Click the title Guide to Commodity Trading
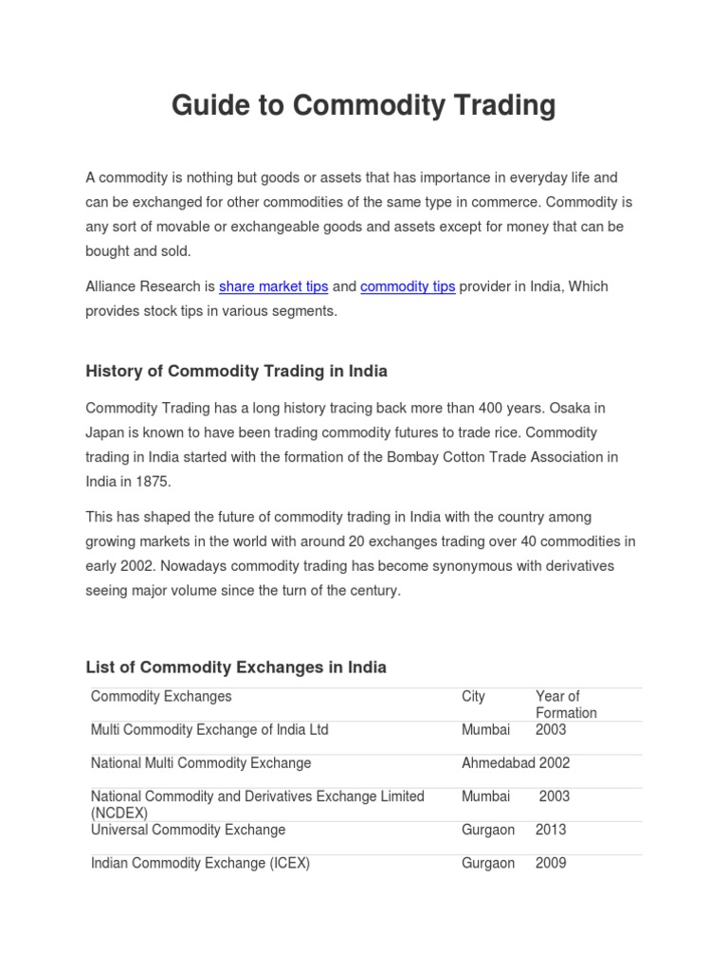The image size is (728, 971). coord(363,105)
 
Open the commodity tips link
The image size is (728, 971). coord(408,286)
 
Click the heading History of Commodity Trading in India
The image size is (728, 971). coord(236,371)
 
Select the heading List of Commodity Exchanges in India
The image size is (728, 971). coord(236,667)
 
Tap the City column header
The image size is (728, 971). coord(473,697)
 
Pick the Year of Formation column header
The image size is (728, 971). coord(566,705)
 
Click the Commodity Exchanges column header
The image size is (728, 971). coord(161,697)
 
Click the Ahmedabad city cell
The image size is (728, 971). coord(498,763)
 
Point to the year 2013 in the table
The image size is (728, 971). coord(551,830)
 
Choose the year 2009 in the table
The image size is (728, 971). coord(551,863)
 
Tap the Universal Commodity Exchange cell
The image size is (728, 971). coord(188,830)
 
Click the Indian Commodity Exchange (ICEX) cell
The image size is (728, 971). coord(200,863)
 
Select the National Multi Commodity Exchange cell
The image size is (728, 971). coord(201,763)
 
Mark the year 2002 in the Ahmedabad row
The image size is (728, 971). coord(555,763)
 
